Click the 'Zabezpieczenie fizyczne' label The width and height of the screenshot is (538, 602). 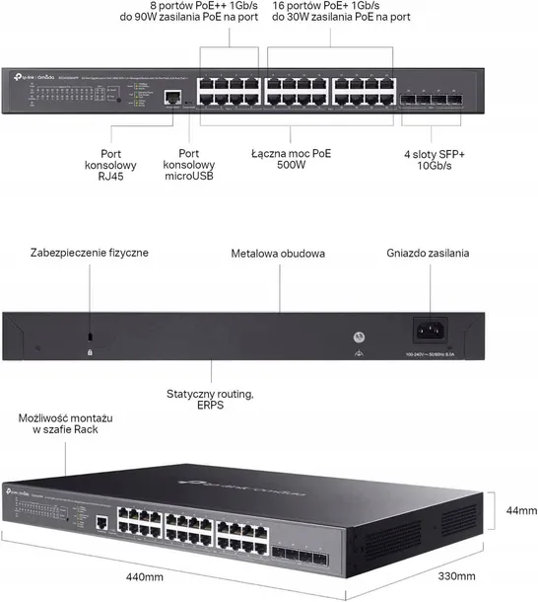coord(90,253)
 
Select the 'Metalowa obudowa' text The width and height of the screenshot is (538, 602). coord(279,254)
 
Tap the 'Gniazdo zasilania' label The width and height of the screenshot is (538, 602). coord(428,253)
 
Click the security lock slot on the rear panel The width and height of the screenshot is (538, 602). coord(90,336)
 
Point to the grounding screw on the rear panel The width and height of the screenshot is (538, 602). coord(359,334)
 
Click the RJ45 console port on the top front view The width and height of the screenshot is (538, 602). coord(171,97)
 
